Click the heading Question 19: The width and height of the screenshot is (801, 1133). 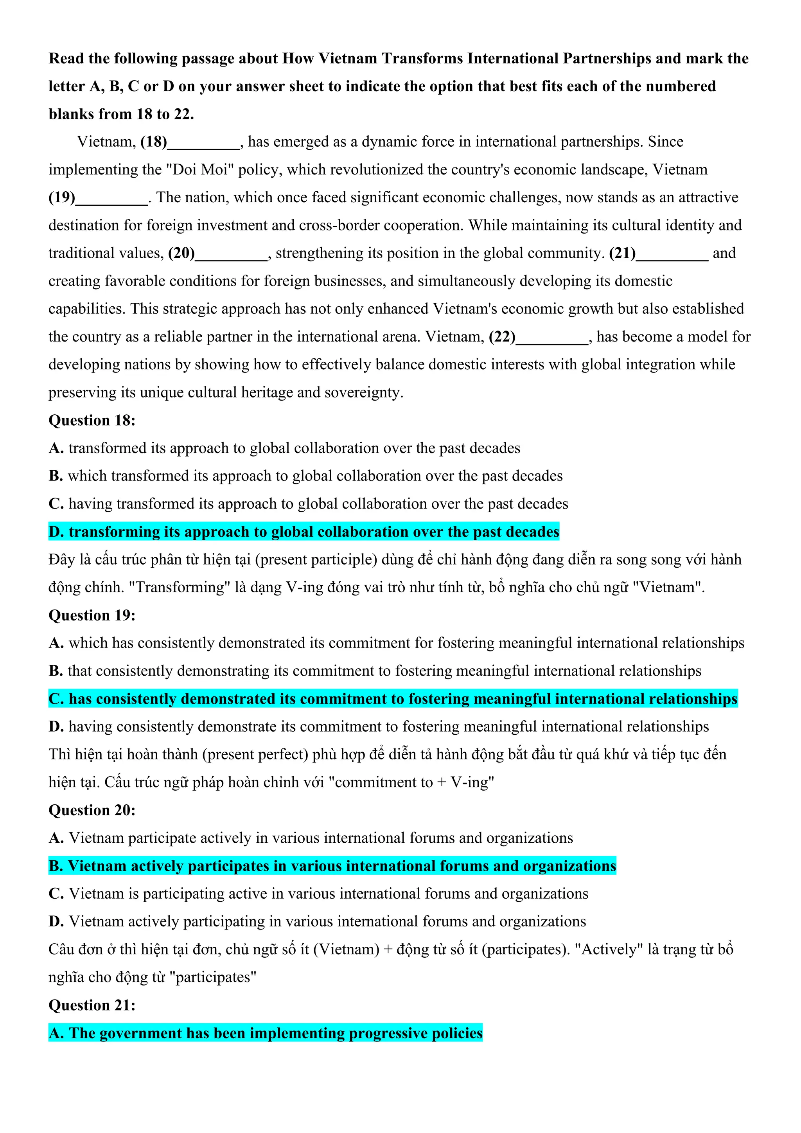coord(92,615)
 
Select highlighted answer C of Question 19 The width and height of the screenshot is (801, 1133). coord(393,699)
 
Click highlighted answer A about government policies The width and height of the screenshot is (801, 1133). coord(265,1033)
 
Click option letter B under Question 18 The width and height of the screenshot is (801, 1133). coord(55,476)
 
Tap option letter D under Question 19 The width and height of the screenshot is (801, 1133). coord(56,727)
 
